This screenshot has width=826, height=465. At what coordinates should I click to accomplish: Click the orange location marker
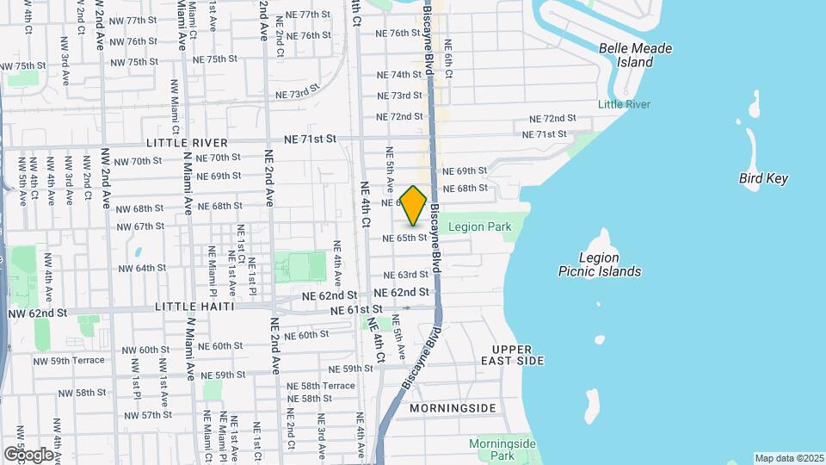coord(414,206)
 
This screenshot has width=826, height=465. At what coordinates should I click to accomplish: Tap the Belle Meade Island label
coord(636,55)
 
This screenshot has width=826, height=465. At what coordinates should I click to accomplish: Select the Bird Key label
coord(763,179)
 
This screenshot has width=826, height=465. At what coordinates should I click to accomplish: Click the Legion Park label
coord(479,227)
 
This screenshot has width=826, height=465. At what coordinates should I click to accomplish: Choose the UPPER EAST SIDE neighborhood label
coord(513,355)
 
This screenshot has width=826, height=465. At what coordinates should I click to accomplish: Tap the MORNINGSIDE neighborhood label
coord(453,407)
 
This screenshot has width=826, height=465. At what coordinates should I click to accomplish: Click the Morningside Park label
coord(502,449)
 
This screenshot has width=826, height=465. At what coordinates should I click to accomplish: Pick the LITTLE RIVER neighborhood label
coord(188,142)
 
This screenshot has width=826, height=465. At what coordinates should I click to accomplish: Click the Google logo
coord(28,454)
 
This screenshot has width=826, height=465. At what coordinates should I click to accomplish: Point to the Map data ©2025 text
coord(788,458)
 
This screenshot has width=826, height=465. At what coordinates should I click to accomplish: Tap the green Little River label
coord(625,104)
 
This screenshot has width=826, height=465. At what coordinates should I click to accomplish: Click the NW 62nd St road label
coord(36,313)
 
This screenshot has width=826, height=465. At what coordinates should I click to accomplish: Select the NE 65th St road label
coord(404,238)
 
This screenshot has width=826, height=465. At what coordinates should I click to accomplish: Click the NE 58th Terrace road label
coord(320,386)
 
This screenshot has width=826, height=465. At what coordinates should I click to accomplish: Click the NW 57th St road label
coord(145,415)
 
